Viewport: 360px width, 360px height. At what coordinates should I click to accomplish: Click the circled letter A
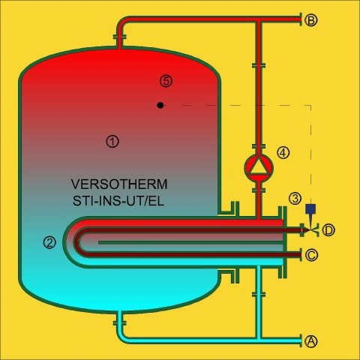[311, 341]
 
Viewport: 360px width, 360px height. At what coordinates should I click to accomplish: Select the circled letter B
[311, 20]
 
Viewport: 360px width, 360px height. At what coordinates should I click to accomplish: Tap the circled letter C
[311, 255]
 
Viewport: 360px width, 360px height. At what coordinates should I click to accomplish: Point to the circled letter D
[328, 230]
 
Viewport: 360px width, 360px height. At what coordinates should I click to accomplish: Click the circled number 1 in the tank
[112, 142]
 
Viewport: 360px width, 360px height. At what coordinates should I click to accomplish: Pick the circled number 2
[49, 242]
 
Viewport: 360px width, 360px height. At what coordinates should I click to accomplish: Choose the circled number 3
[295, 199]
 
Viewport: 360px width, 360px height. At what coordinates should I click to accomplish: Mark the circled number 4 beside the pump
[283, 153]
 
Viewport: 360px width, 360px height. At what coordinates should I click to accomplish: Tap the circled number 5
[166, 81]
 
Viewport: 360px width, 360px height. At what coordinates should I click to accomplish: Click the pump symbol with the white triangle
[259, 168]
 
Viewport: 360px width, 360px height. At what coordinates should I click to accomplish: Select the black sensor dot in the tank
[160, 105]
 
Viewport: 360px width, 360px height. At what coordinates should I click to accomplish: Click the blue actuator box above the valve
[310, 209]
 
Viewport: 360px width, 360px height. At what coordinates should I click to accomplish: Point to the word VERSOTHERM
[119, 184]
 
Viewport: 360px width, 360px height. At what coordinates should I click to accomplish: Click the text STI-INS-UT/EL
[118, 201]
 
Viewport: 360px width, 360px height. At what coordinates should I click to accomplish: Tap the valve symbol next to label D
[310, 229]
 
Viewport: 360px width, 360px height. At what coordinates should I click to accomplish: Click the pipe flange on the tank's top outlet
[120, 37]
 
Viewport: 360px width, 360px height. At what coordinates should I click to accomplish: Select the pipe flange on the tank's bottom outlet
[120, 323]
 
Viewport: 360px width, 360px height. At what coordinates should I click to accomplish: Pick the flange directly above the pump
[259, 146]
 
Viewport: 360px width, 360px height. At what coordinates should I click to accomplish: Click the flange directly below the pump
[259, 190]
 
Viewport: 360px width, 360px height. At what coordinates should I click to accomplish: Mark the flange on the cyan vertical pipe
[259, 295]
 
